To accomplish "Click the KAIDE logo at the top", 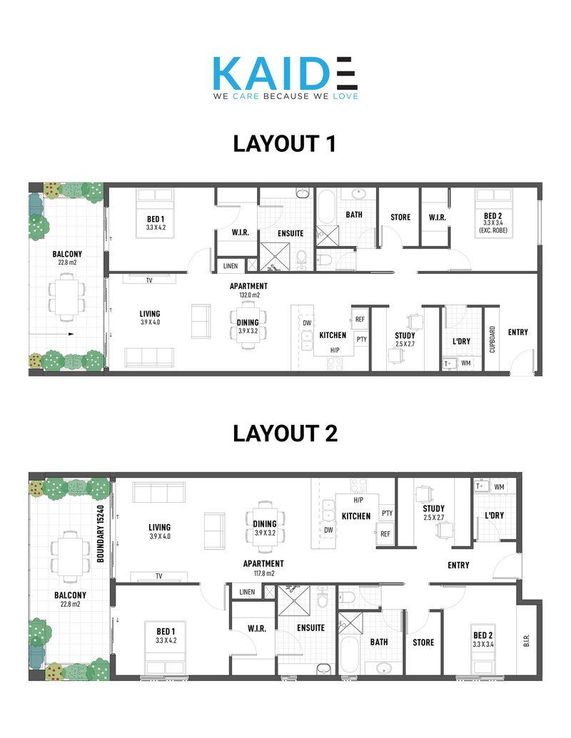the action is pos(285,78).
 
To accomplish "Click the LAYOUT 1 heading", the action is pos(285,143).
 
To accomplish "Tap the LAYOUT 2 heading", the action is pos(285,434).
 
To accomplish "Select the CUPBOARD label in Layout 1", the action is pos(492,339).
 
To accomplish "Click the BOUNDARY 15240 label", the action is pos(100,534).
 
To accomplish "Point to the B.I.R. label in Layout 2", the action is pos(527,640).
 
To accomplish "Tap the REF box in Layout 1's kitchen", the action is pos(360,319).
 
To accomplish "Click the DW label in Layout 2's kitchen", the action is pos(328,530).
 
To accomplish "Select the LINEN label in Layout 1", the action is pos(231,266).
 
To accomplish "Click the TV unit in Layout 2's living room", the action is pos(159,576).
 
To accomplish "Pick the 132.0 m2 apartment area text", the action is pos(249,295).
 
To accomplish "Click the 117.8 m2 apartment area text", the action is pos(264,573).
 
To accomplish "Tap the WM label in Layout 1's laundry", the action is pos(466,363).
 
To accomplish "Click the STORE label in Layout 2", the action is pos(423,642).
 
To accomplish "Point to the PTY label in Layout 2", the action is pos(388,513).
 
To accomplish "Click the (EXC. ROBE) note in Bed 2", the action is pos(493,230).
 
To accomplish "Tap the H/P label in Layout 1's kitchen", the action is pos(335,350).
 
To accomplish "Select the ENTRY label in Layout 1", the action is pos(517,332).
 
